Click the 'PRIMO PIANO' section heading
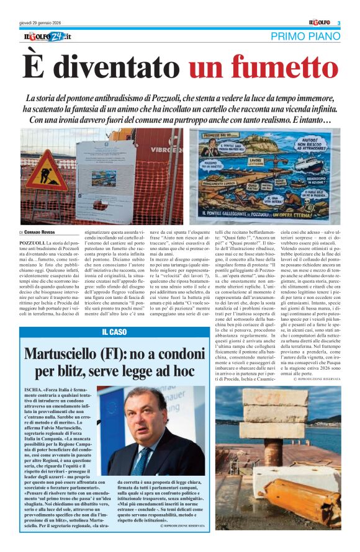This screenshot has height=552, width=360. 305,37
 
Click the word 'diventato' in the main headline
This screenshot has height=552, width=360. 114,67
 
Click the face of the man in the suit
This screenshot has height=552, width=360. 142,421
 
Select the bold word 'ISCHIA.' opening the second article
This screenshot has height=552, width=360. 33,389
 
